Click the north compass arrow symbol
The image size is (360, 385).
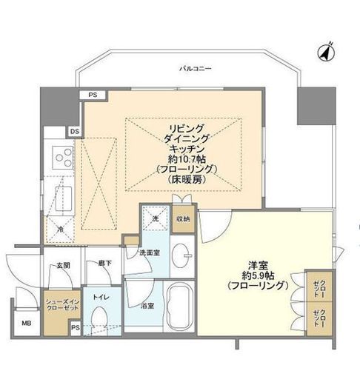tap(324, 53)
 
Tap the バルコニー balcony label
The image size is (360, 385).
tap(196, 69)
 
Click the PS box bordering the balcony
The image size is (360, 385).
tap(93, 95)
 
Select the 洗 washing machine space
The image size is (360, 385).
tap(156, 220)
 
